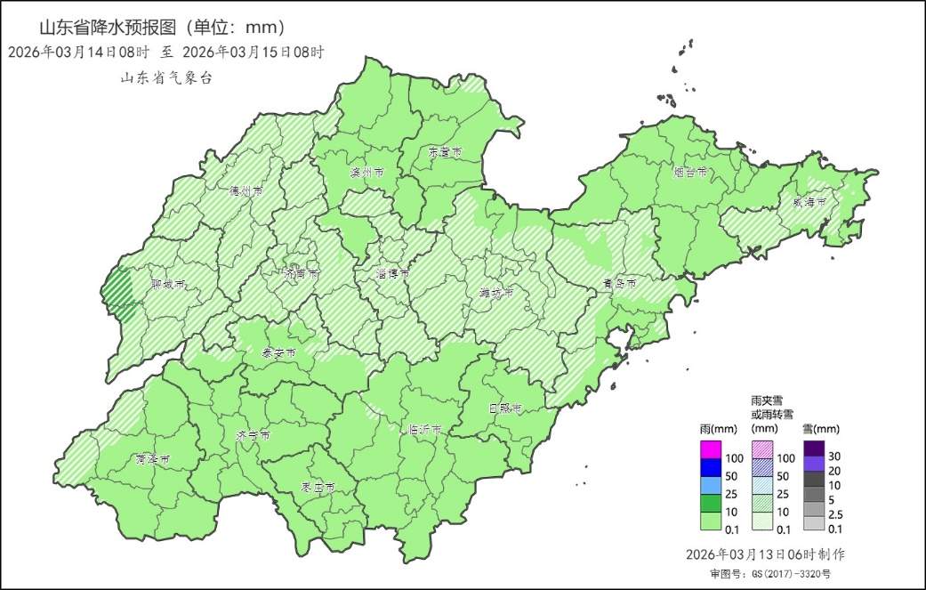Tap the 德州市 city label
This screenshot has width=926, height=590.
point(246,191)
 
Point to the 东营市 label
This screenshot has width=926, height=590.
point(445,153)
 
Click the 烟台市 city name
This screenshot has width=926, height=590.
point(690,172)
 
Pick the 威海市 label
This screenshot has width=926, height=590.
point(809,203)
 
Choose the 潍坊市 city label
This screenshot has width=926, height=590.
point(496,293)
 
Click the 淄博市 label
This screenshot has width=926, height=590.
point(391,274)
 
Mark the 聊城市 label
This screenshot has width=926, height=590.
point(168,286)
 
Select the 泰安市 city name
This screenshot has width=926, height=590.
point(278,353)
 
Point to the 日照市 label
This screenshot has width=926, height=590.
point(504,408)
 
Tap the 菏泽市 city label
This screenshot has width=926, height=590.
point(153,460)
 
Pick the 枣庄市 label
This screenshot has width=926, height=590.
point(318,489)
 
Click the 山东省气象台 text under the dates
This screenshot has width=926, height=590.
point(166,78)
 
